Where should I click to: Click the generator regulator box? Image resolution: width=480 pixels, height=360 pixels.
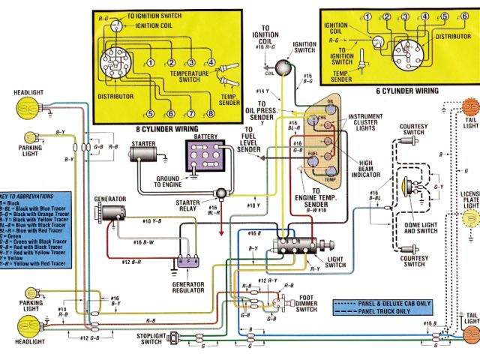tap(186, 262)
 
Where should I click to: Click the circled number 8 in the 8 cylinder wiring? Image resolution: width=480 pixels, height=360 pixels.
tap(211, 114)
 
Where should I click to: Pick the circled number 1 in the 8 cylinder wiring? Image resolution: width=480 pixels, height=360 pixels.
tap(150, 62)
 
